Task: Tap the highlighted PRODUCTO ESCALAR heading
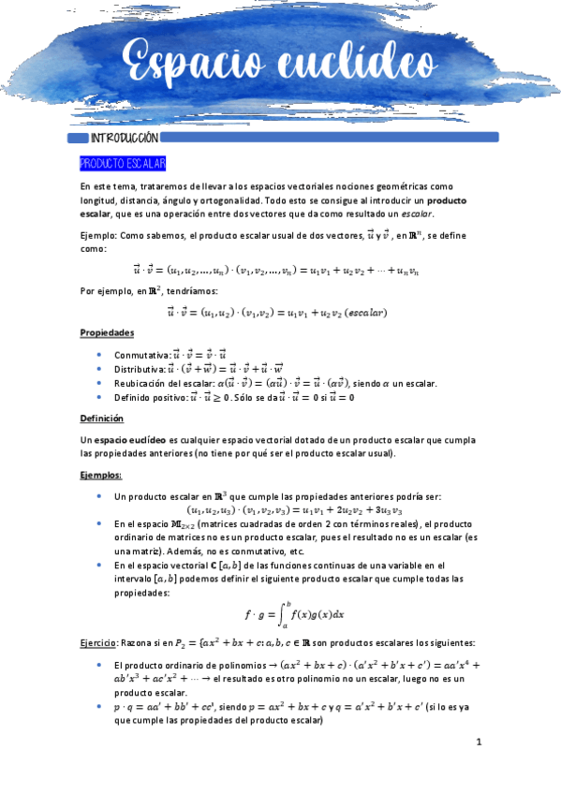123,164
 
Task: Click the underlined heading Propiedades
107,333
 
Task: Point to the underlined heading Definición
101,419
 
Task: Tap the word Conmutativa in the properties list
141,356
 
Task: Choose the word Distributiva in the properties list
140,370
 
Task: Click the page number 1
478,743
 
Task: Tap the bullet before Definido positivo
100,397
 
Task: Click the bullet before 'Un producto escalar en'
100,496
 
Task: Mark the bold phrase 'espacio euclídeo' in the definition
128,440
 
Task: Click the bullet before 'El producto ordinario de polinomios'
100,664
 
